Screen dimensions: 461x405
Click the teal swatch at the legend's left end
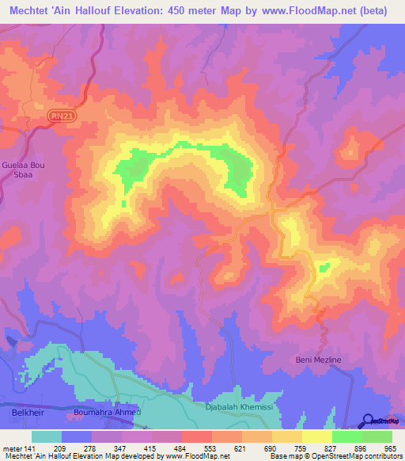[x=47, y=436]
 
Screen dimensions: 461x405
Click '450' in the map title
[x=187, y=10]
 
